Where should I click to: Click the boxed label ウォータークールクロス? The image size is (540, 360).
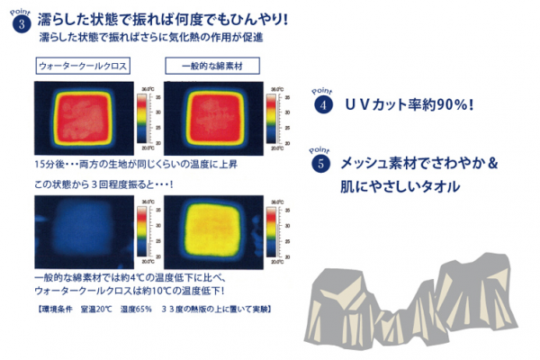pos(83,67)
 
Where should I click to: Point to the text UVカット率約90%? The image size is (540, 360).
pos(409,104)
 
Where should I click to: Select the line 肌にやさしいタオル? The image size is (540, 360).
pos(400,187)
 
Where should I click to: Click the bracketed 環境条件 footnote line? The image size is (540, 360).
pos(149,309)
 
